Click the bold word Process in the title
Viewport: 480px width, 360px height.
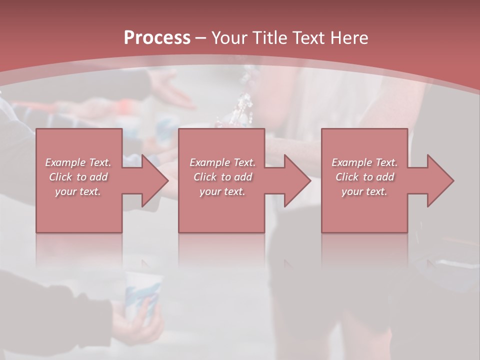(157, 38)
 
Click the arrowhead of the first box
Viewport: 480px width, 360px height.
(154, 181)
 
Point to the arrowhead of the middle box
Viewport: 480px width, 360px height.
(297, 181)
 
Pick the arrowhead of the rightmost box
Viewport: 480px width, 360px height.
(440, 181)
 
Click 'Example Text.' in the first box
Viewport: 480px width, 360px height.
(78, 162)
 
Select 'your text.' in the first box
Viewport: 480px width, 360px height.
(78, 191)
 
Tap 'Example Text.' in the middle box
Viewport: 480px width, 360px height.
(222, 162)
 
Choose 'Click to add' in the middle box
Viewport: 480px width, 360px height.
(222, 177)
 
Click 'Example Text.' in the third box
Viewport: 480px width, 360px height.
(364, 162)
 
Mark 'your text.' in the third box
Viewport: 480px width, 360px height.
(364, 191)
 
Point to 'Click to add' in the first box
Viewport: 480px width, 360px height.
(78, 177)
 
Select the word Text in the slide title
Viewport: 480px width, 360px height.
(308, 38)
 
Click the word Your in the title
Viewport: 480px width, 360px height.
(228, 38)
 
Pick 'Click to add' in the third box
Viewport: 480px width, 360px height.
(364, 177)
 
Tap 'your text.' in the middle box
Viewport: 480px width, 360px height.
(222, 191)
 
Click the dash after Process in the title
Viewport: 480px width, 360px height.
(201, 38)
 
